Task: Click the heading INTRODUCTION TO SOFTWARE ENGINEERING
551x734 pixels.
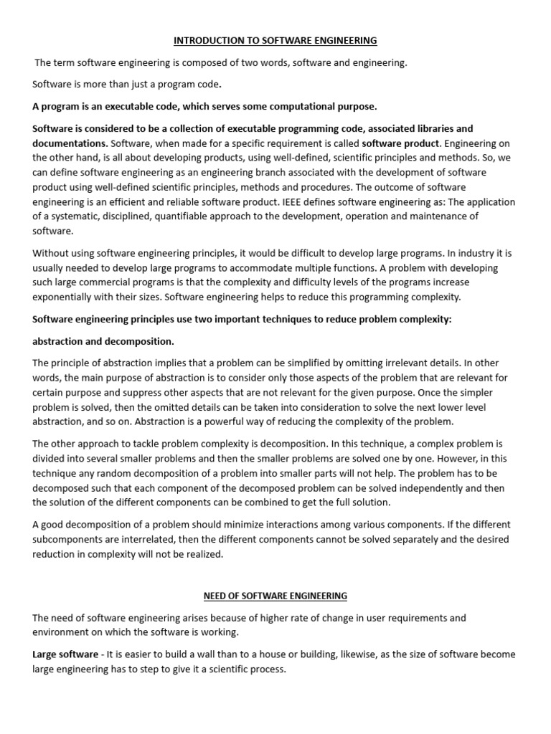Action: pos(275,41)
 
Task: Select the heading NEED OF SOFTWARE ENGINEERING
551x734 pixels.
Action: pos(275,596)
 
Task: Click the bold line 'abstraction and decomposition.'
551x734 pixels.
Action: pos(103,341)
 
